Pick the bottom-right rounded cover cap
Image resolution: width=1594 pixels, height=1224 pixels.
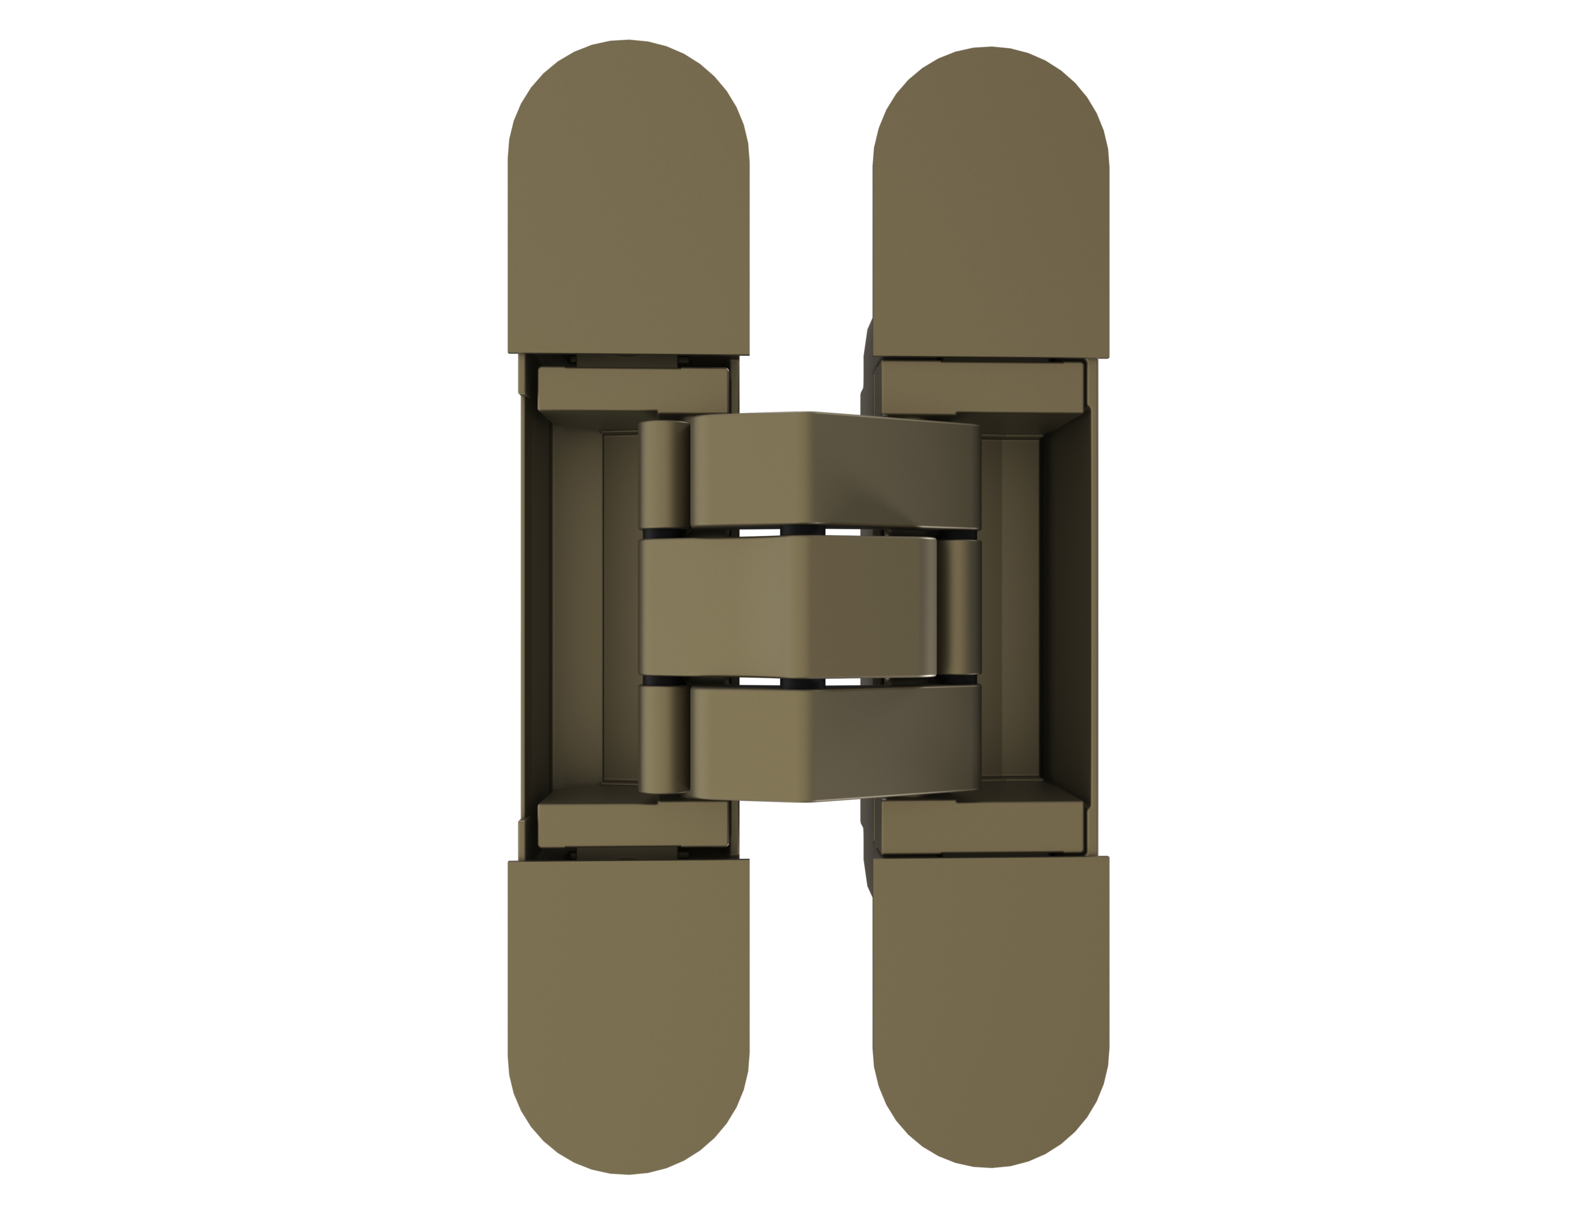pos(990,1016)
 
